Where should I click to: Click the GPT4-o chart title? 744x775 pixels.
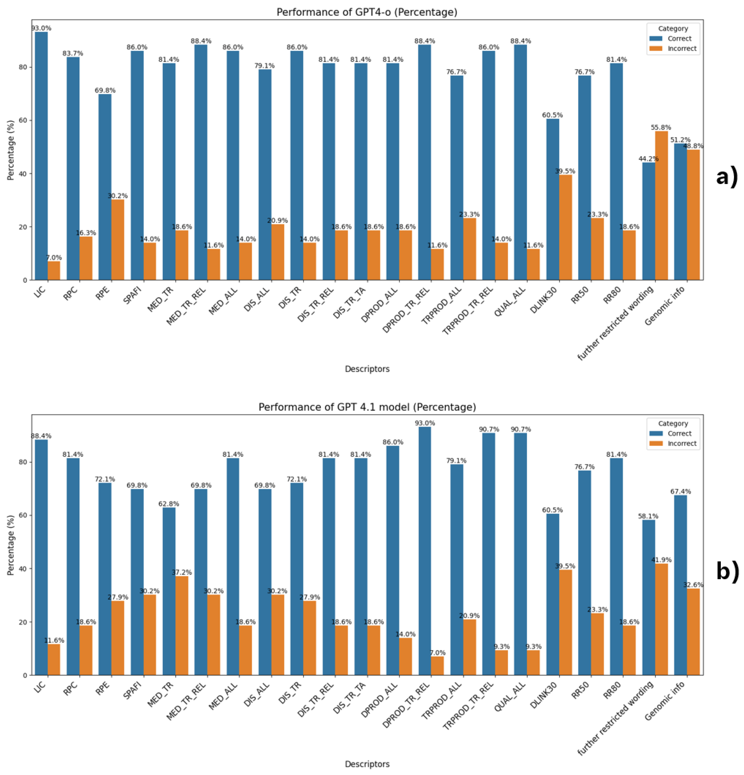pos(367,12)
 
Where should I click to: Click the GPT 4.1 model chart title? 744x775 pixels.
pos(367,407)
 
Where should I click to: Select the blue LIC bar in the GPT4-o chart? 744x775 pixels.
pos(41,158)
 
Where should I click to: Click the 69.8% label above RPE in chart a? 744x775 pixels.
pos(105,90)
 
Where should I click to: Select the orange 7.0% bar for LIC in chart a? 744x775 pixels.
pos(54,271)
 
